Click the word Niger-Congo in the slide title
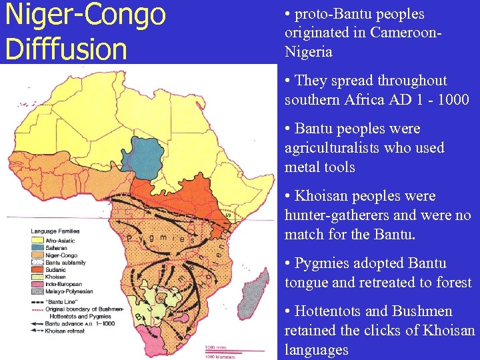click(x=85, y=15)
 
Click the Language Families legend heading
click(x=56, y=231)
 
